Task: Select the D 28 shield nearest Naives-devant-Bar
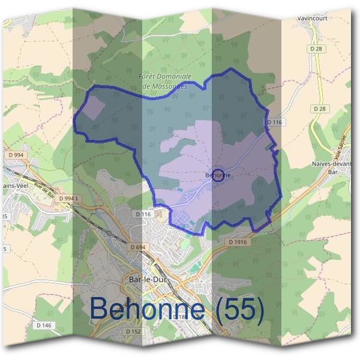(x=319, y=109)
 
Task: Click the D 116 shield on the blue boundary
(x=274, y=122)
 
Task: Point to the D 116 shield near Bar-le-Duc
(x=143, y=214)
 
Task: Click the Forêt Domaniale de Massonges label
(x=165, y=82)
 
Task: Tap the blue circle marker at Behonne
(x=220, y=175)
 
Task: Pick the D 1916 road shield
(x=238, y=242)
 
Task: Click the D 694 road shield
(x=137, y=247)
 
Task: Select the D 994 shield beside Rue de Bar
(x=68, y=198)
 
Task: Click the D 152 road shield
(x=133, y=331)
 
